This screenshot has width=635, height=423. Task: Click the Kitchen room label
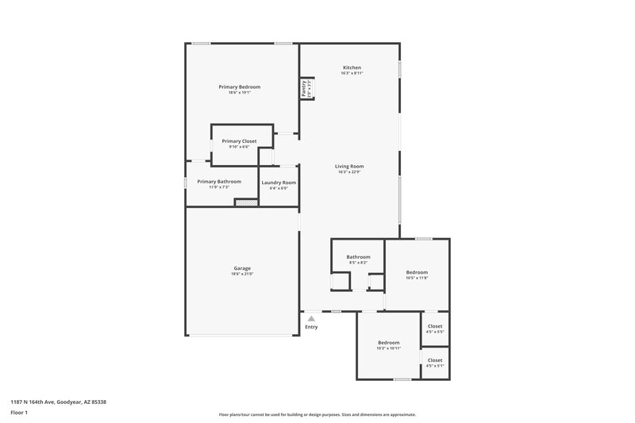click(352, 67)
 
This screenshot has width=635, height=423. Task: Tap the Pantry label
click(303, 88)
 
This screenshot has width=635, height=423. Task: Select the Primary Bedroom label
click(239, 87)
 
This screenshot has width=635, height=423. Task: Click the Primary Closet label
click(239, 140)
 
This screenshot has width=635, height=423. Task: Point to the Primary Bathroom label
click(218, 181)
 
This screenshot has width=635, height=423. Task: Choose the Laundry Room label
click(279, 183)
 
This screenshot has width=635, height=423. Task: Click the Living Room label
click(349, 166)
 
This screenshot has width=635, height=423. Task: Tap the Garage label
click(241, 268)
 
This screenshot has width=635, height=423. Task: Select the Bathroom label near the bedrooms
click(358, 256)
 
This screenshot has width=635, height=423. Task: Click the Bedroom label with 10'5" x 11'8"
click(417, 272)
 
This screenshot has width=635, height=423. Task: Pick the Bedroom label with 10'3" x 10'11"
click(388, 342)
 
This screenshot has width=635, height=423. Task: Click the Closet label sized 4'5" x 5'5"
click(435, 326)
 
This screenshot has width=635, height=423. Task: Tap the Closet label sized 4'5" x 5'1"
click(435, 360)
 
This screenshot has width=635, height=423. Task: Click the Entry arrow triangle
click(311, 317)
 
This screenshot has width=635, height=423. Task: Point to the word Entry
click(311, 327)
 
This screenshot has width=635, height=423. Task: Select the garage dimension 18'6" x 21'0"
click(241, 274)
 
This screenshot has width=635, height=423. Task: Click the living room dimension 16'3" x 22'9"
click(349, 171)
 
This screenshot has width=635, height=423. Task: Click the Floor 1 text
click(20, 413)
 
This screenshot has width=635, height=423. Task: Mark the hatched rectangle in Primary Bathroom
click(246, 202)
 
